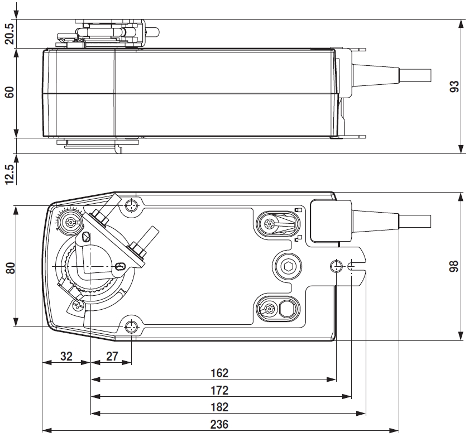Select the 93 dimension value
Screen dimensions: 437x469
(x=455, y=87)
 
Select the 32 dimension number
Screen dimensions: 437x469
(x=66, y=356)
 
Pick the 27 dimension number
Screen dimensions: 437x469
(x=112, y=356)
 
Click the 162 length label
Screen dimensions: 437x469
(x=220, y=373)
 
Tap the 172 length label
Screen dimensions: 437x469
(x=220, y=390)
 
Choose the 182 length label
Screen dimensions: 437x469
(x=220, y=407)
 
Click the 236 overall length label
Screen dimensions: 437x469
(x=220, y=424)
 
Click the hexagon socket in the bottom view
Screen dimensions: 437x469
(x=289, y=266)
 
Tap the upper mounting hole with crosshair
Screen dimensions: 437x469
(x=132, y=205)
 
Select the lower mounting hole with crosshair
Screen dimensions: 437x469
(x=132, y=326)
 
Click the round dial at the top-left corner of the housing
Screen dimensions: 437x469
(x=70, y=222)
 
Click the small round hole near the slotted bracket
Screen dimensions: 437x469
(x=337, y=266)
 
